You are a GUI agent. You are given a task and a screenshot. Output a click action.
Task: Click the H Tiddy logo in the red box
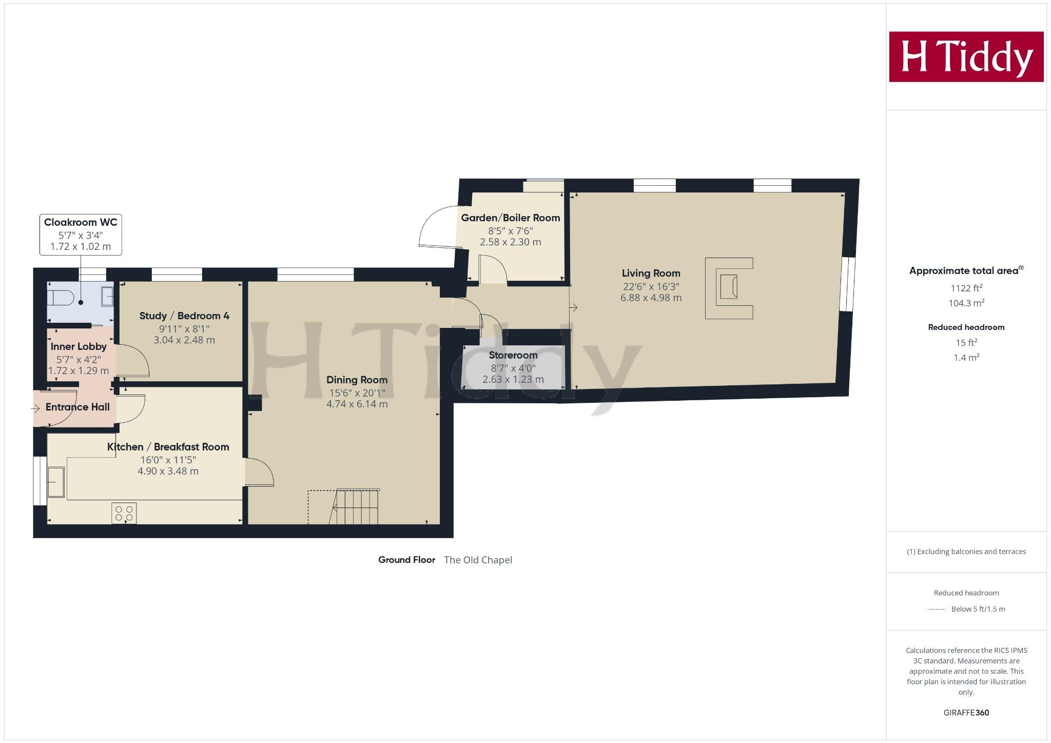tap(966, 56)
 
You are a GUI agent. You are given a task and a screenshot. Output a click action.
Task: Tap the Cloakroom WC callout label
tap(81, 234)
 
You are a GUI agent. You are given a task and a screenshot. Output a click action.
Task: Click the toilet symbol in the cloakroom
tap(61, 297)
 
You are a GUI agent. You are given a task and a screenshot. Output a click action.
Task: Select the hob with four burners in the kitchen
tap(124, 513)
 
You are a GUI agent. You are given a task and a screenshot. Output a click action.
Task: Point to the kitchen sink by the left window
tap(55, 482)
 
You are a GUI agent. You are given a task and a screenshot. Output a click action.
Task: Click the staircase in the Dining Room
tap(357, 507)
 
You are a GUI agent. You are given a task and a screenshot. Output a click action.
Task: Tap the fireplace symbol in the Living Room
tap(729, 288)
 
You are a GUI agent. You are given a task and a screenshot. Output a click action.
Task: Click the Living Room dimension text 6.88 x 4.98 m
tap(651, 298)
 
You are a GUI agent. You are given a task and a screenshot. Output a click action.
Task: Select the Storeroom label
tap(513, 355)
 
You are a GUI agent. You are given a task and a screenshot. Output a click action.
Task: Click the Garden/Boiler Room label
tap(510, 218)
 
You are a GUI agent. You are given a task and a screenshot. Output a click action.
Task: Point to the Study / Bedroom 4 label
tap(184, 316)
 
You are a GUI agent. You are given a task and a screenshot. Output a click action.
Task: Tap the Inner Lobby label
tap(79, 346)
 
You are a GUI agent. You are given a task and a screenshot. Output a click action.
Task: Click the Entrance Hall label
tap(77, 407)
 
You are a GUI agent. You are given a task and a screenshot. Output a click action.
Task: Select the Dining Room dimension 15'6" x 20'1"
tap(357, 393)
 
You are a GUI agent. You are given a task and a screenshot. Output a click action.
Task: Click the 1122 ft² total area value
tap(966, 288)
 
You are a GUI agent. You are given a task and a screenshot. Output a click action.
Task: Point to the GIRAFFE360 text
tap(966, 713)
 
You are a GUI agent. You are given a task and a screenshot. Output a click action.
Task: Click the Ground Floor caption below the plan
tap(406, 560)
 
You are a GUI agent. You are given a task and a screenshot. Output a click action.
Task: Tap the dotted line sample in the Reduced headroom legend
tap(937, 610)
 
